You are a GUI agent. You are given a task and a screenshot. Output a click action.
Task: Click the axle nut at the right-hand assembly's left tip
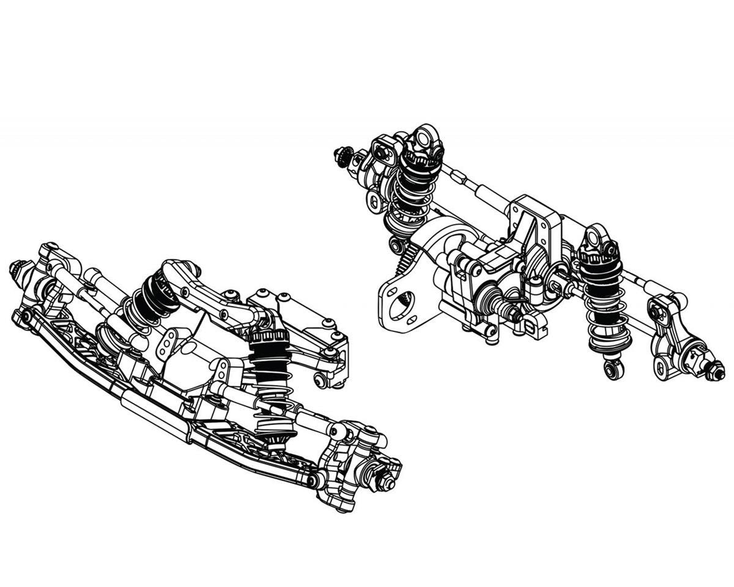tap(341, 155)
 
